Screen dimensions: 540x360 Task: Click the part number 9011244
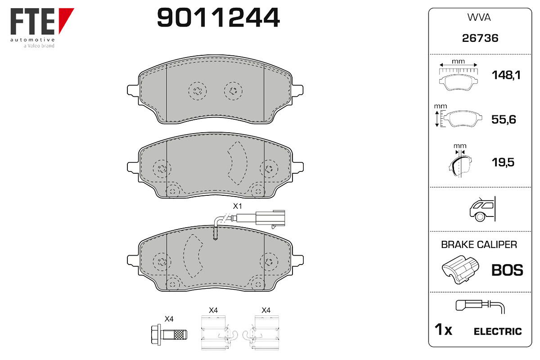coord(218,17)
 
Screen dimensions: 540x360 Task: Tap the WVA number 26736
coord(480,38)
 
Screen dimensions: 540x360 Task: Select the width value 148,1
coord(506,75)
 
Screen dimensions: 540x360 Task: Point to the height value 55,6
coord(504,119)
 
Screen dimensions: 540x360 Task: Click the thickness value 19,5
coord(503,162)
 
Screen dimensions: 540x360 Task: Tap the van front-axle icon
coord(482,209)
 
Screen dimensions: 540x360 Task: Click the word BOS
coord(507,270)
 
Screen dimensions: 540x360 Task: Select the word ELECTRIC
coord(498,331)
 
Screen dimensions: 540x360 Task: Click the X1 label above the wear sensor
coord(237,206)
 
